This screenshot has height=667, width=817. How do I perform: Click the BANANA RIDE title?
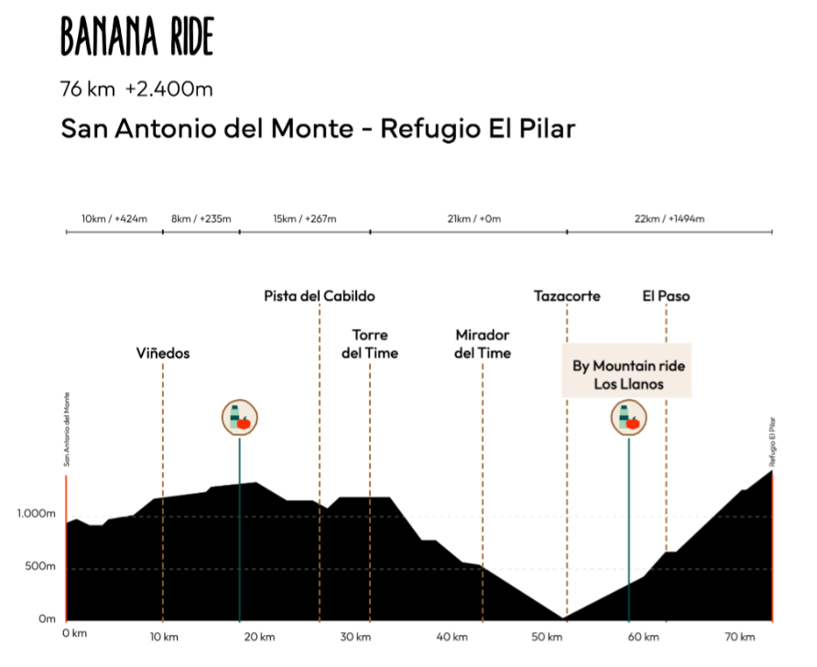pos(137,37)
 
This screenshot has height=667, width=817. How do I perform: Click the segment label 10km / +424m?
pos(114,219)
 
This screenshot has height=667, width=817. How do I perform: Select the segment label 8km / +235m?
pos(201,219)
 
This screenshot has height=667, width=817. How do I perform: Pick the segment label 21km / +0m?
pos(468,219)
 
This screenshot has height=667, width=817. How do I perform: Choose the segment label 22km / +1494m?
pos(669,219)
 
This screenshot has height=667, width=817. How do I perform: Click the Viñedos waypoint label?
pos(163,353)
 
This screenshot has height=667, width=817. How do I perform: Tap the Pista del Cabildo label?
pos(319,296)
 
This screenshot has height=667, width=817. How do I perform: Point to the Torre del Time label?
pos(370,344)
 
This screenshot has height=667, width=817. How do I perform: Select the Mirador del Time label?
pos(483,344)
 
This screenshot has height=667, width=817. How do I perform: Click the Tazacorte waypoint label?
pos(567,296)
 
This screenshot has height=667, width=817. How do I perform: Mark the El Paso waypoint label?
pos(666,296)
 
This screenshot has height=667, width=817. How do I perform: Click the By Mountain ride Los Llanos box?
pos(628,375)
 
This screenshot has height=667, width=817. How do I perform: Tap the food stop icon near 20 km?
pos(240,419)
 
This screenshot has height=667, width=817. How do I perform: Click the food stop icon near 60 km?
pos(629,419)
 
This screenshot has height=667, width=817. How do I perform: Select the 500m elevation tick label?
pos(40,566)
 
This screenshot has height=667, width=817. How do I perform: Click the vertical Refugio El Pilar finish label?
pos(772,443)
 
